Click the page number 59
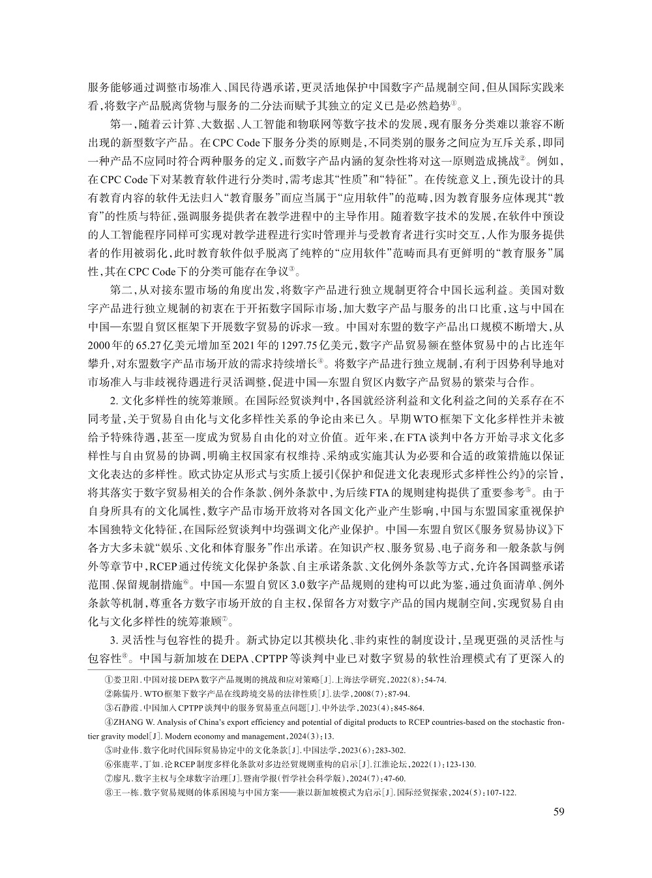click(x=558, y=812)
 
